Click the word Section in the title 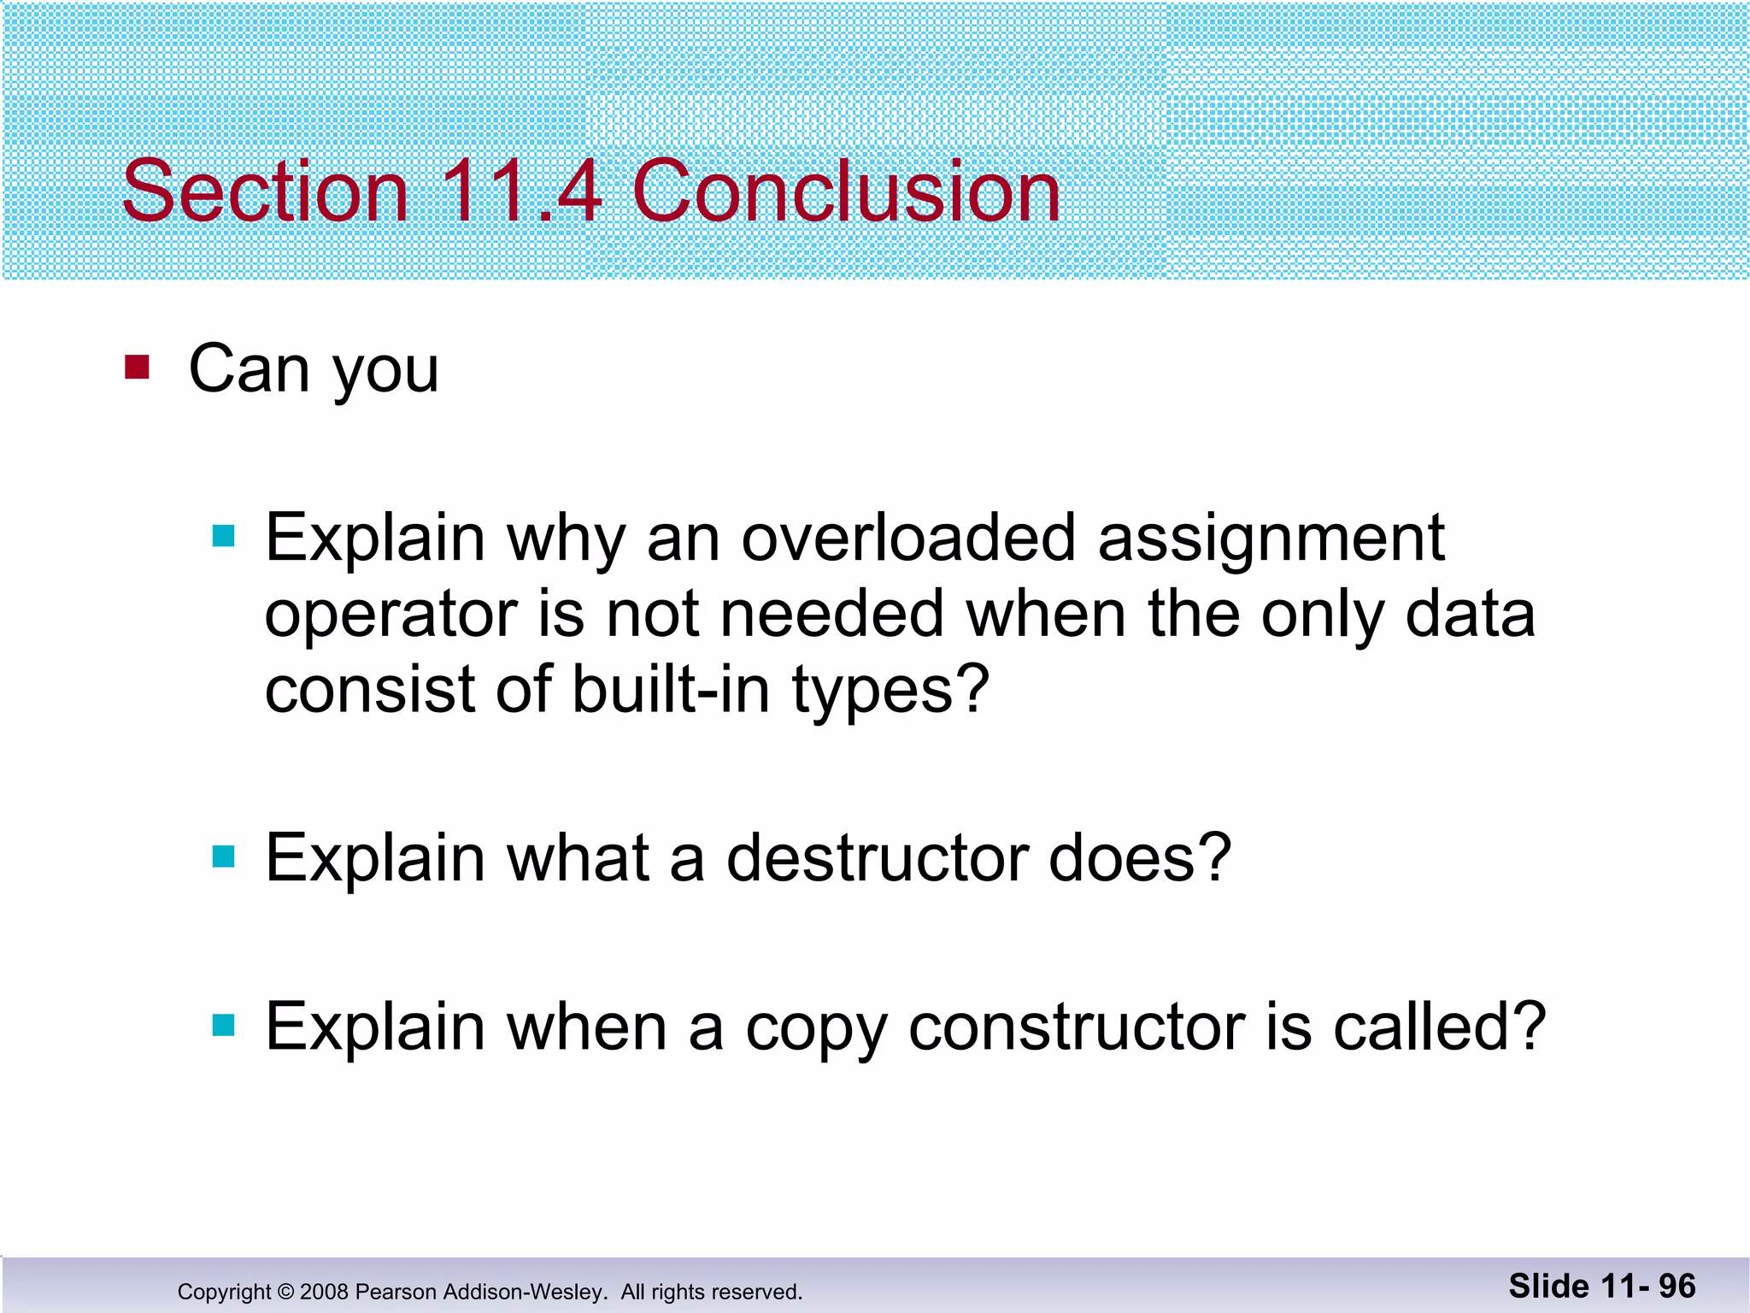265,191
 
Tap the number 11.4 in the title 521,191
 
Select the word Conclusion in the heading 846,191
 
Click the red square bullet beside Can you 137,368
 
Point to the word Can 249,369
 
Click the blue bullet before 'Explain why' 223,536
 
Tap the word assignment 1271,540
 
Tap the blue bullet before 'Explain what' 223,856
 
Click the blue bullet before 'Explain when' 223,1024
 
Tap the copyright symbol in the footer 285,1292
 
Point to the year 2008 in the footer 324,1292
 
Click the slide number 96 1677,1286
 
